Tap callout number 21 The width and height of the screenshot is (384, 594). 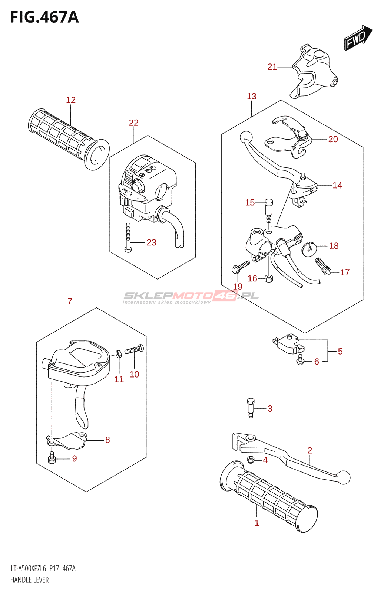coord(272,67)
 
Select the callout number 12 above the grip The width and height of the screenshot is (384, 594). coord(71,100)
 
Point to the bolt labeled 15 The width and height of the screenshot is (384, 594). coord(269,210)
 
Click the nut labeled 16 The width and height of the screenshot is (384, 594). coord(269,278)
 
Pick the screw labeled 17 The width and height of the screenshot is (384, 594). coord(323,266)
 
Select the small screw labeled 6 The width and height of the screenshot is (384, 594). coord(300,359)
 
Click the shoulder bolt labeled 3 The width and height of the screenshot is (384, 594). coord(251,407)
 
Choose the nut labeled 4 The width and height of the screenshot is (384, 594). coord(251,460)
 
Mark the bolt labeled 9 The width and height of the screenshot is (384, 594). coord(52,458)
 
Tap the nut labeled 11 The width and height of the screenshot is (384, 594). coord(119,353)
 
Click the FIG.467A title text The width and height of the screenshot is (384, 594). coord(44,17)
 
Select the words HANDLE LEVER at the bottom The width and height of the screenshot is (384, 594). coord(30,580)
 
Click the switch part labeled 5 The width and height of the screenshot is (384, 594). coord(289,344)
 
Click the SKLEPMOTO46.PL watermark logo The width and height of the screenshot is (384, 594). coord(191,297)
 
